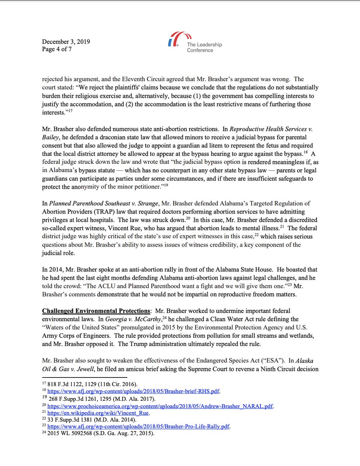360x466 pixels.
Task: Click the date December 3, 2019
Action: (x=66, y=42)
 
